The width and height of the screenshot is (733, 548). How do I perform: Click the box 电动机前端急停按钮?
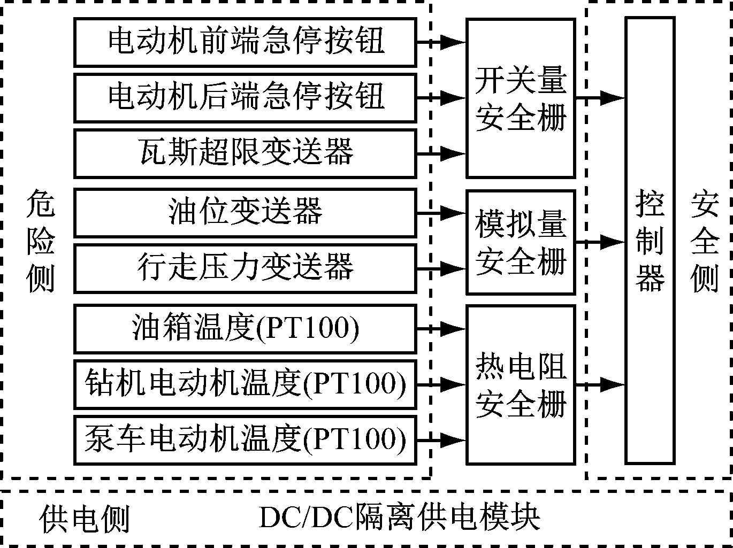(245, 42)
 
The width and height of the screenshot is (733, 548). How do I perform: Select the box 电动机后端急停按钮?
(245, 98)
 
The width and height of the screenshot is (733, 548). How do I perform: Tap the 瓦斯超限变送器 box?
(245, 153)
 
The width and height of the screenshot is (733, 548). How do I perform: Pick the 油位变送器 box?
(245, 213)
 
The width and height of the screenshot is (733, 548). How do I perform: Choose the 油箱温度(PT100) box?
(245, 328)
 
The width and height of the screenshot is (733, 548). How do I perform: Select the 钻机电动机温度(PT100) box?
(245, 384)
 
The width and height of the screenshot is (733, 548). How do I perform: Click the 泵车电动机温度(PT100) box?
(245, 440)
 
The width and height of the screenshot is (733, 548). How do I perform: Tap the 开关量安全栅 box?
(521, 98)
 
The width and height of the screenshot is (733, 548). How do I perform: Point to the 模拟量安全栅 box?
(521, 242)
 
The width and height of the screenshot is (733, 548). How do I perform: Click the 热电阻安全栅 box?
(521, 384)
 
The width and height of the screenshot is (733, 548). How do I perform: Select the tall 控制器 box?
(650, 241)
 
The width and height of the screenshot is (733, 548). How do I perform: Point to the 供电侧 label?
(85, 518)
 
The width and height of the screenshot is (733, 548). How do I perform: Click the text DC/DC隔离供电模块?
(399, 518)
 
